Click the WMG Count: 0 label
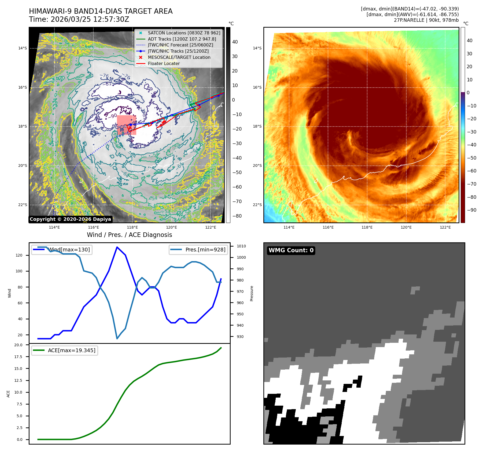click(291, 250)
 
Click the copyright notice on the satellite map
click(70, 219)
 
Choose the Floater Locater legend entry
click(164, 63)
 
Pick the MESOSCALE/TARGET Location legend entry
click(179, 57)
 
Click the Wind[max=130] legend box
click(62, 250)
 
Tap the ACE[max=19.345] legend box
click(64, 350)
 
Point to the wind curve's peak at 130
click(117, 247)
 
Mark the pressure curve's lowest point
click(117, 338)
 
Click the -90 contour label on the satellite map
click(112, 116)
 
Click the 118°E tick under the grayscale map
click(132, 227)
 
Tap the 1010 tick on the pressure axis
click(241, 246)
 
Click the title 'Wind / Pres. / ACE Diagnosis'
click(129, 235)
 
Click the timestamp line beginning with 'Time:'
click(79, 19)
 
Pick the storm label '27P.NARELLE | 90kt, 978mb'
click(426, 20)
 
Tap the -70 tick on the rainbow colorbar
click(471, 184)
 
